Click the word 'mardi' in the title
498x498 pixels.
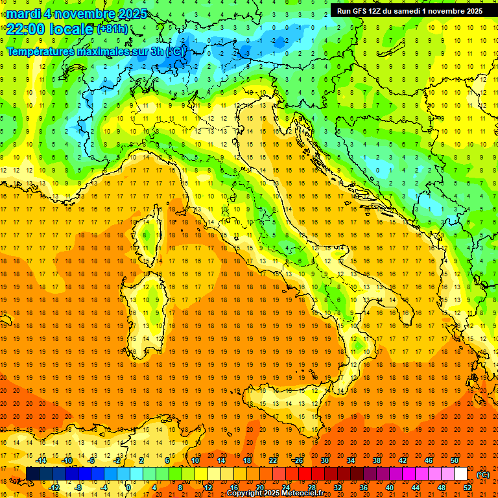[x=24, y=14]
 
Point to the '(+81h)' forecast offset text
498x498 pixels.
[x=112, y=29]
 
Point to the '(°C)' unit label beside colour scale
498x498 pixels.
[x=483, y=475]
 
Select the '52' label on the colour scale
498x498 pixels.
[x=468, y=488]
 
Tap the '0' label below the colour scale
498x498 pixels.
[x=128, y=488]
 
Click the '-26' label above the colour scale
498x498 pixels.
[x=297, y=460]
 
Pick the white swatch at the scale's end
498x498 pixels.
[x=460, y=474]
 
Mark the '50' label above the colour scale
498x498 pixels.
[x=455, y=460]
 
